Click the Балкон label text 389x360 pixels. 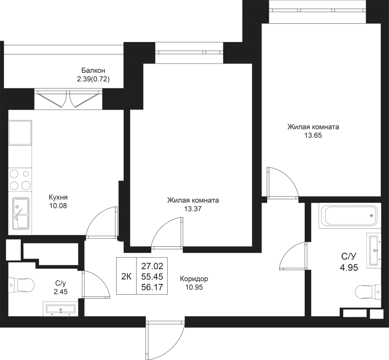(x=93, y=70)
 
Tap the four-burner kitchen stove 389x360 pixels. (x=20, y=180)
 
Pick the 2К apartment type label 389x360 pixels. (x=126, y=276)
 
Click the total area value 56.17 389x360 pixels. (x=151, y=286)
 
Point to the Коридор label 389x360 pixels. (x=194, y=279)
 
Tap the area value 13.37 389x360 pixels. (x=193, y=208)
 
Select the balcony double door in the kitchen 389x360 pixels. (x=68, y=99)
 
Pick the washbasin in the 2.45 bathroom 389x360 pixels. (x=60, y=309)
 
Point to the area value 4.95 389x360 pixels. (x=348, y=267)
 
